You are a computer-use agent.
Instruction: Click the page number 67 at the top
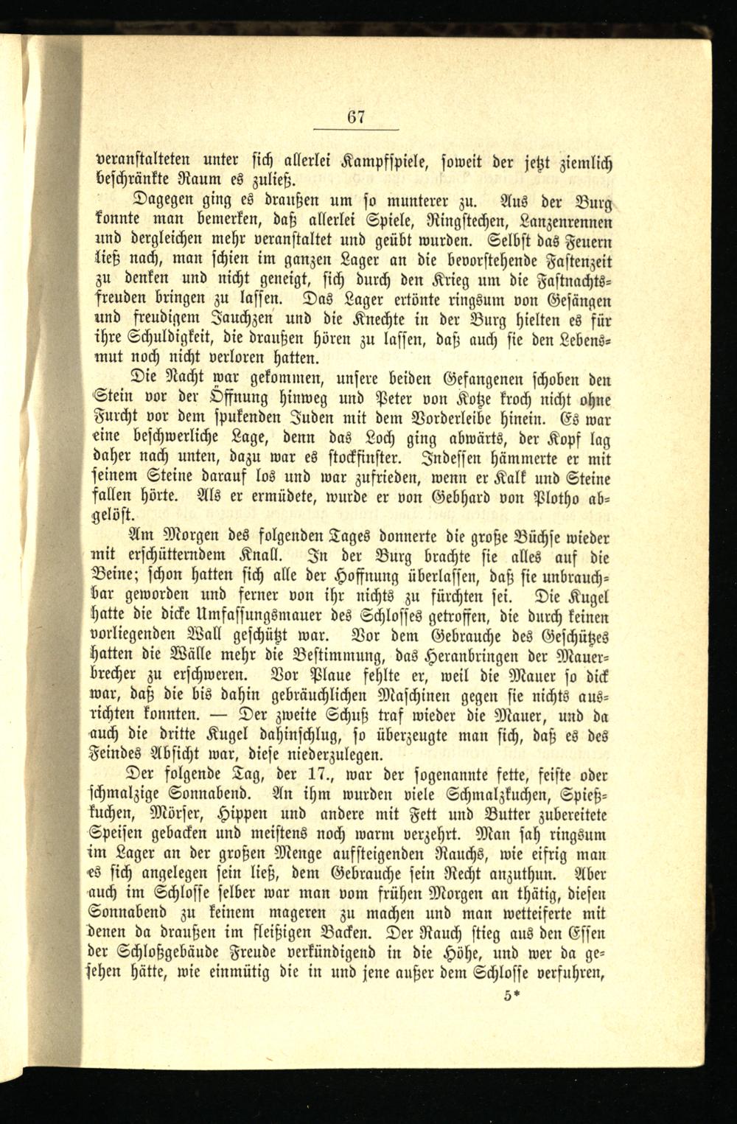click(x=357, y=116)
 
